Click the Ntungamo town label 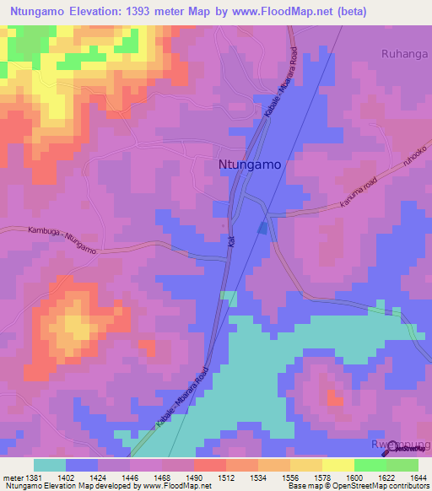(250, 166)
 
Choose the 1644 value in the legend (418, 478)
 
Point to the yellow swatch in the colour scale (337, 465)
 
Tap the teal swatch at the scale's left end (49, 465)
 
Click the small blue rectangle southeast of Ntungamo (263, 228)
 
